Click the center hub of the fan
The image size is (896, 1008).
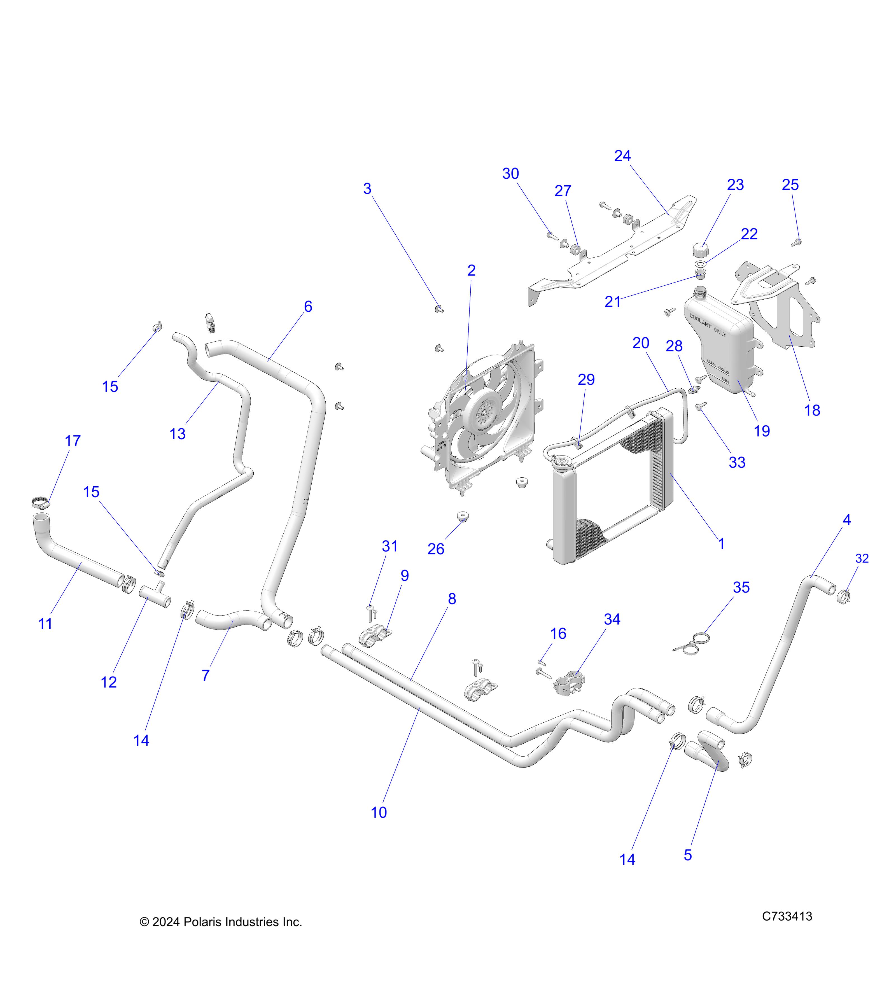485,408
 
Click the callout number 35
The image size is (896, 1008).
741,587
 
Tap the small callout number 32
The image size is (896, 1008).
862,558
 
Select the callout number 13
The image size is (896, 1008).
178,434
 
